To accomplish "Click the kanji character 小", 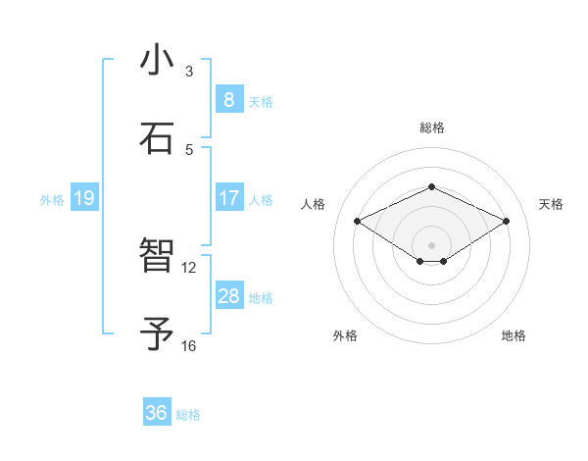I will point(158,61).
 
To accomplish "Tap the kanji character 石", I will point(158,138).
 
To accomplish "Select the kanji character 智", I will point(158,257).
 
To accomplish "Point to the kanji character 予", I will point(158,334).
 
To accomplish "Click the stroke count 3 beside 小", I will point(189,72).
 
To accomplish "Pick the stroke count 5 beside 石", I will point(189,149).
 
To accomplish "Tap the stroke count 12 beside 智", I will point(189,267).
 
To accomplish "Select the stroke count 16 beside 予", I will point(189,345).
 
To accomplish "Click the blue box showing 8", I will point(228,100).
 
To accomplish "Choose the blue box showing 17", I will point(228,198).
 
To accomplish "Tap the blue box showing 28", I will point(228,296).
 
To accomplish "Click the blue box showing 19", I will point(83,199).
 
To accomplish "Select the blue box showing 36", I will point(157,414).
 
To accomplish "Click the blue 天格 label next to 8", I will point(261,102).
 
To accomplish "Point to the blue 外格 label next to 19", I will point(52,200).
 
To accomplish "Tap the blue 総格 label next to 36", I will point(188,415).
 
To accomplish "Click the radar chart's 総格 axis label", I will point(431,128).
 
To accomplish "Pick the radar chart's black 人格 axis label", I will point(314,204).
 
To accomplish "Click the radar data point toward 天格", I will point(506,222).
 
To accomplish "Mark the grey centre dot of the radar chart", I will point(431,244).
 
